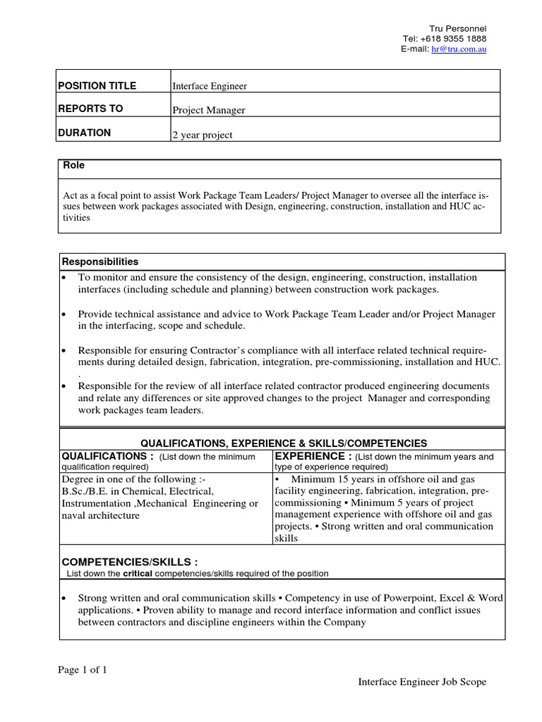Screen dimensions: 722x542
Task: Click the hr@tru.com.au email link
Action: click(x=459, y=49)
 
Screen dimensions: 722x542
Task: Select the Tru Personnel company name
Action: click(x=458, y=28)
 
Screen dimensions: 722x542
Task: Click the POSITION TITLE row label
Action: click(x=97, y=86)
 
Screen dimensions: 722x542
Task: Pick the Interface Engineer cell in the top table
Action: click(x=210, y=87)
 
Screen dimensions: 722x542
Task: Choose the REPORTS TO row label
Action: click(x=90, y=109)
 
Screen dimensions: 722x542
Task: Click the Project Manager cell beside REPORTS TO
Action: click(x=209, y=110)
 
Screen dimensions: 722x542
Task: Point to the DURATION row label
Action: click(x=85, y=133)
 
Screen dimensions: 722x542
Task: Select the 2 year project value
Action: click(x=203, y=135)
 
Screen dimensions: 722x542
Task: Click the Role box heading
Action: click(x=74, y=166)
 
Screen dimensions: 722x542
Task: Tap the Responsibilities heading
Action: click(x=101, y=262)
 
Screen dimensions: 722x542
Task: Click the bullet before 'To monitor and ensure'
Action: click(x=64, y=278)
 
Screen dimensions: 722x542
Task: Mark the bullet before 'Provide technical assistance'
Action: click(x=64, y=314)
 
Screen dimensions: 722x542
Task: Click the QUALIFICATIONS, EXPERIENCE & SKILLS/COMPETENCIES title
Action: click(x=284, y=443)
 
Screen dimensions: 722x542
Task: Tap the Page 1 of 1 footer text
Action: click(x=83, y=671)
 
